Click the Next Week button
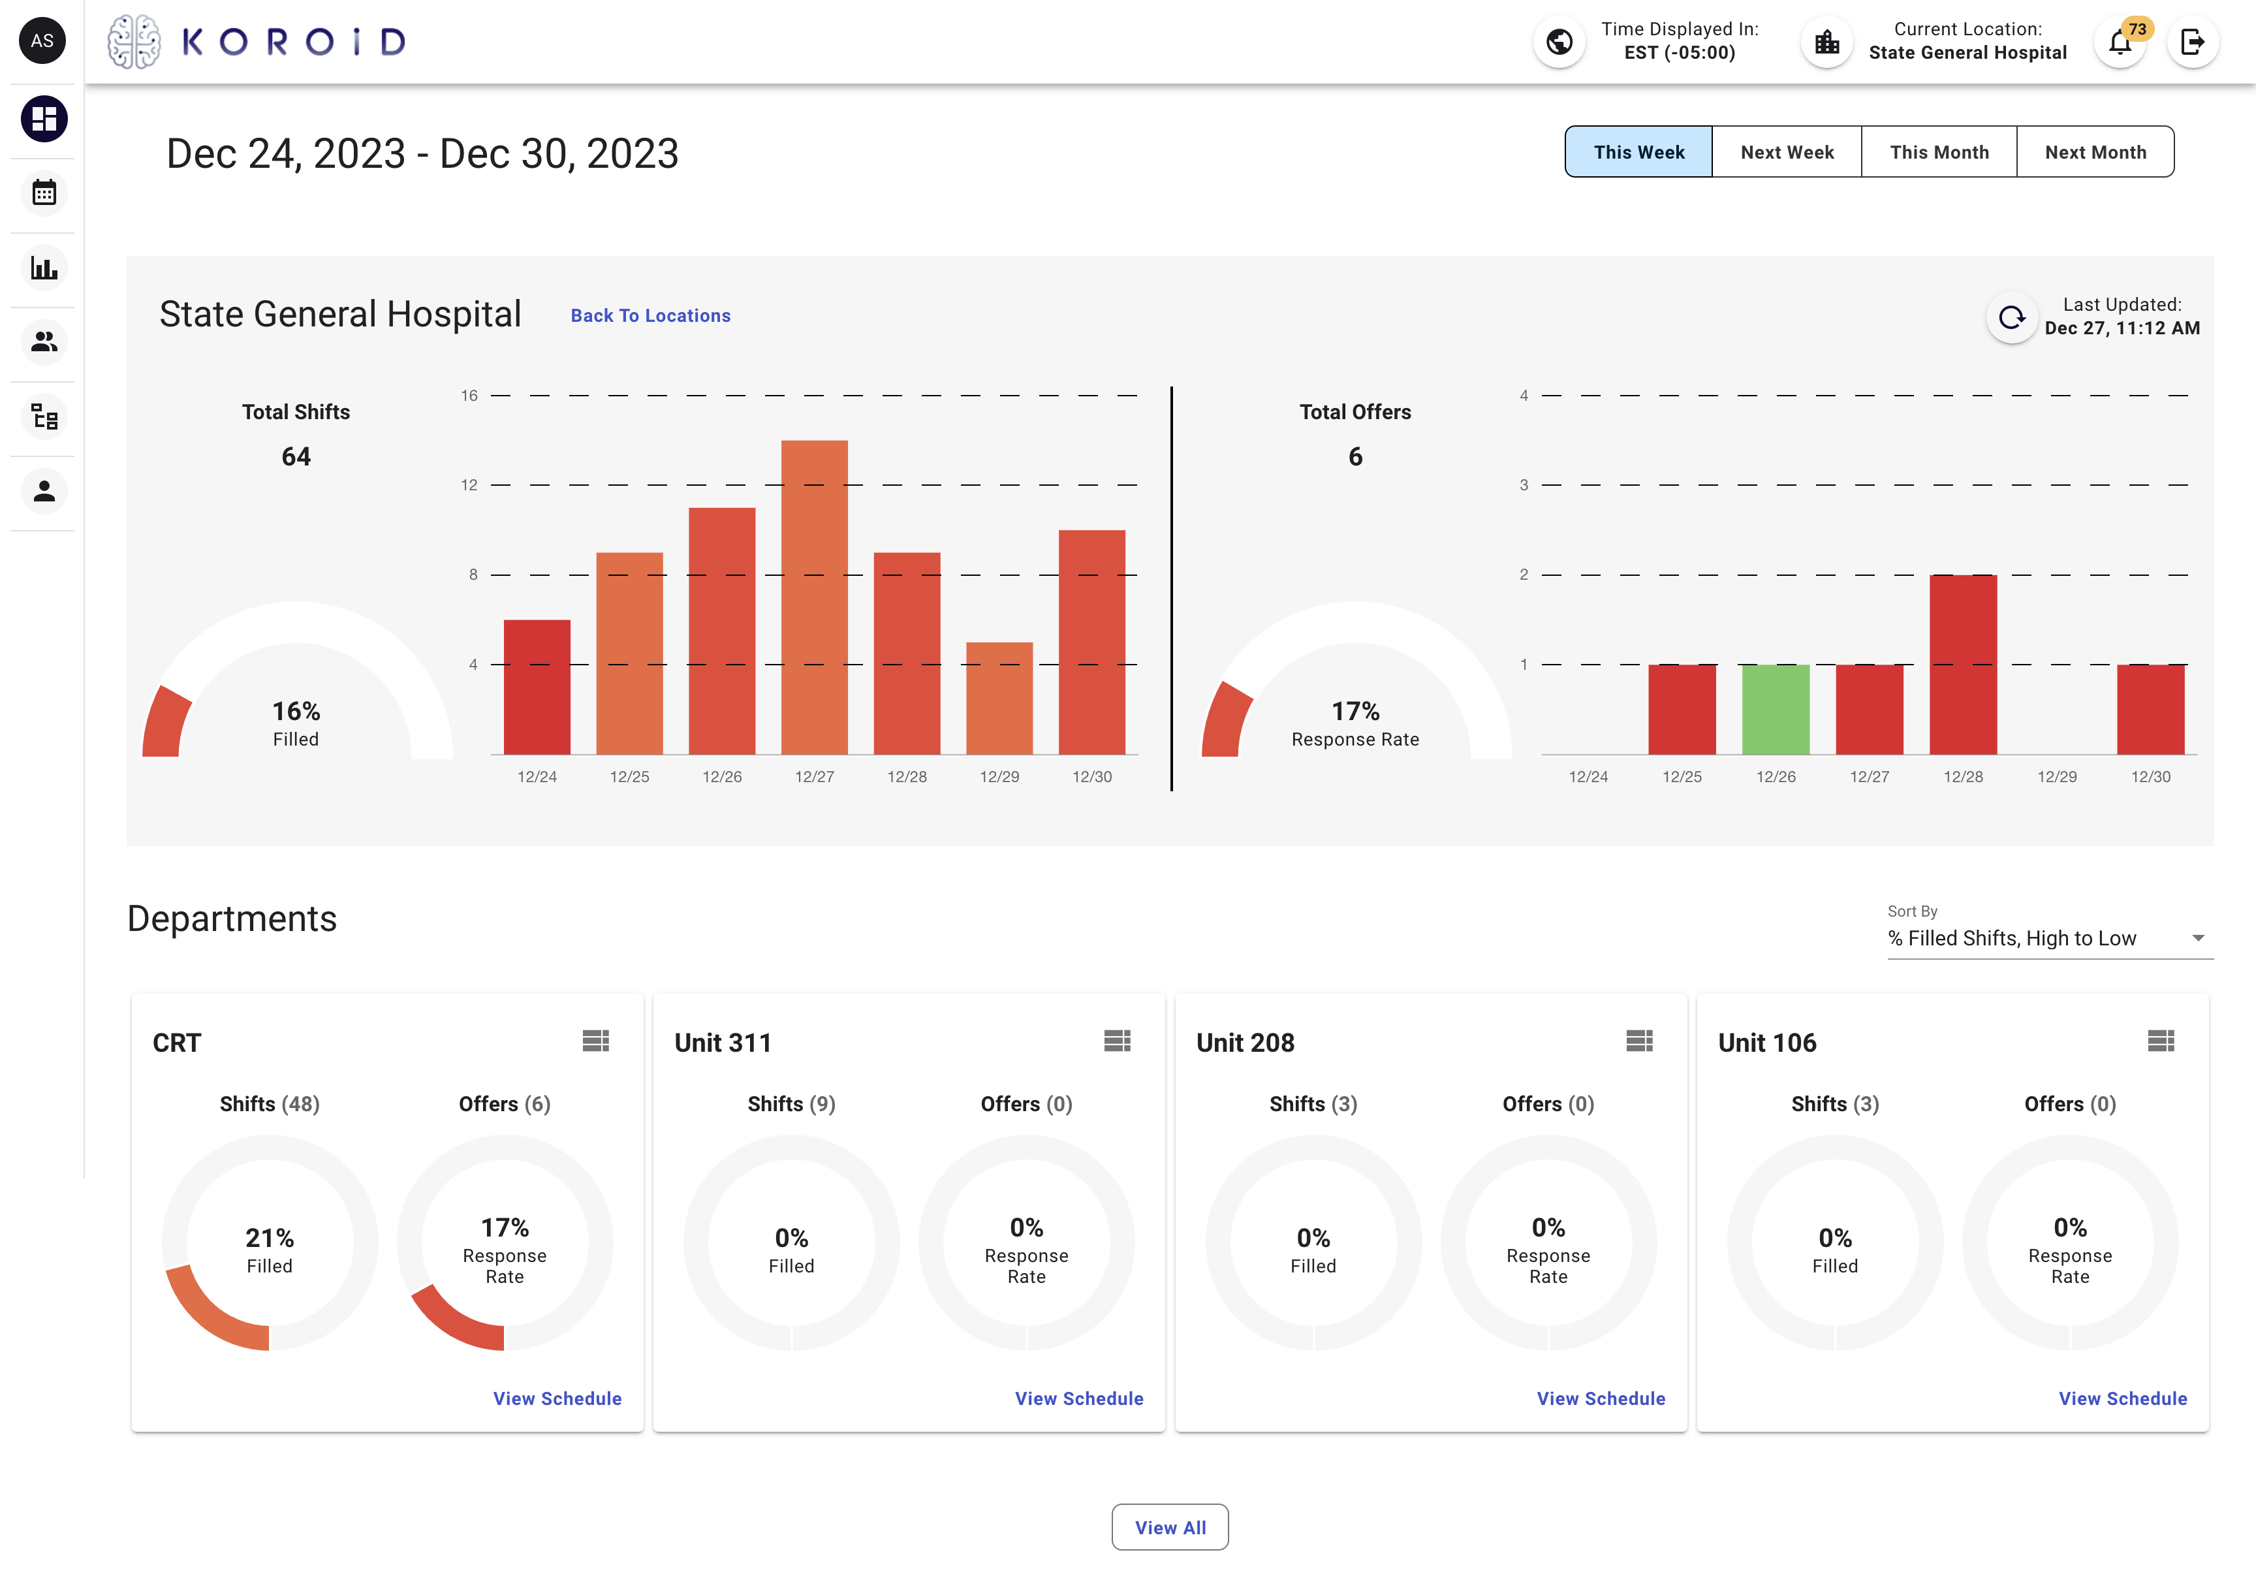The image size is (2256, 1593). coord(1787,152)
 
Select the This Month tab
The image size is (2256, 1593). coord(1939,152)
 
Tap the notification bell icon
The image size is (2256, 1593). coord(2120,43)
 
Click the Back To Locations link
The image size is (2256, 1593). coord(650,315)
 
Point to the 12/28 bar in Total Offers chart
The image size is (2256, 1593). coord(1962,665)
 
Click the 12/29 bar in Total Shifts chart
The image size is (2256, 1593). coord(999,698)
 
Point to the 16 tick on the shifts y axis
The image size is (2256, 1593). coord(469,396)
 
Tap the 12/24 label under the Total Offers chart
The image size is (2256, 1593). coord(1588,776)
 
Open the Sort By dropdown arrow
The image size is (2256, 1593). coord(2198,939)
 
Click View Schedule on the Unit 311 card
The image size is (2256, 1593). coord(1079,1398)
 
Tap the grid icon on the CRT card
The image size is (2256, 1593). coord(595,1041)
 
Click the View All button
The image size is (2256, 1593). coord(1169,1527)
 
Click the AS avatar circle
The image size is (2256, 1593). coord(42,41)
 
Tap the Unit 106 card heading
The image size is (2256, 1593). coord(1766,1043)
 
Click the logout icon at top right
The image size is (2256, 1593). coord(2192,42)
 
